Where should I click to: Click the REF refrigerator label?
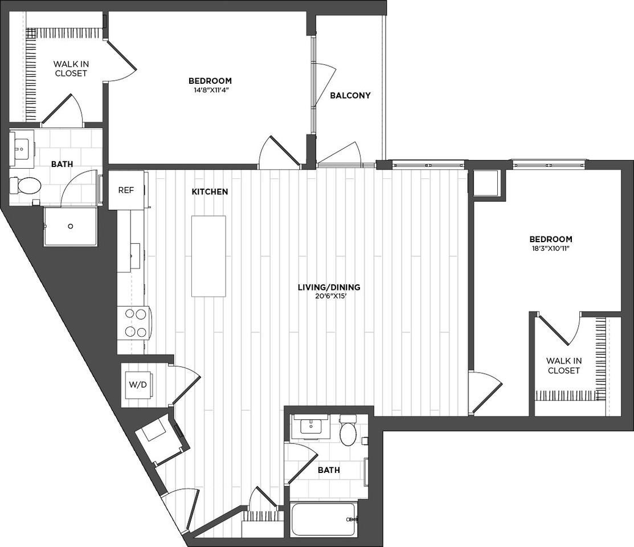tap(126, 190)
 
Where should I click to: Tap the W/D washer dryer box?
tap(138, 384)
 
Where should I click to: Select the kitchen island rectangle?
tap(208, 256)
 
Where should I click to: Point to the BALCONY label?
tap(350, 95)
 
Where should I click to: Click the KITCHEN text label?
tap(210, 191)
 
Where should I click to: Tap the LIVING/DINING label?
tap(329, 287)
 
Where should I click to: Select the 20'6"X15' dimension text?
tap(329, 296)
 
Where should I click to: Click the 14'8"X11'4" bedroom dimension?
tap(210, 89)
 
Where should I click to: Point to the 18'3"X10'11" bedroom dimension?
tap(550, 248)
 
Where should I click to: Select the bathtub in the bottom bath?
tap(323, 519)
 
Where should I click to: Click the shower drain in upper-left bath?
tap(71, 226)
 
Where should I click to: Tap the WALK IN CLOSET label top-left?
tap(71, 68)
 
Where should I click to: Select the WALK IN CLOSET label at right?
tap(563, 365)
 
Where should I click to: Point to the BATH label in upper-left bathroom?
tap(62, 164)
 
